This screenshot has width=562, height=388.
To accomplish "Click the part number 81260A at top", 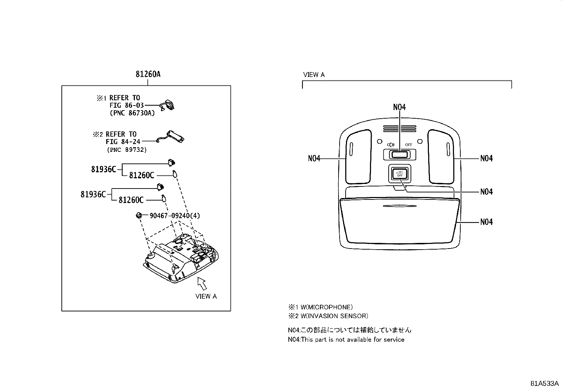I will [148, 74].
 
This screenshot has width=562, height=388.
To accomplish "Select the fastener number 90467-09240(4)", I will [175, 215].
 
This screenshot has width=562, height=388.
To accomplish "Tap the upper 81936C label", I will [103, 169].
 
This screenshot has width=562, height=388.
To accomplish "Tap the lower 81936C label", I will [93, 194].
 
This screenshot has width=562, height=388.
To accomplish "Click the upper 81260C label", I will [142, 175].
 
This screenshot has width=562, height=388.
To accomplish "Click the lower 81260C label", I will [131, 200].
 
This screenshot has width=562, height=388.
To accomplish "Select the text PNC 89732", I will [126, 150].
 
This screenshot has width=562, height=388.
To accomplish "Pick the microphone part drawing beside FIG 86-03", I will [168, 105].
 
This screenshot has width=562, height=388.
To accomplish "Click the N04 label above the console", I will [399, 107].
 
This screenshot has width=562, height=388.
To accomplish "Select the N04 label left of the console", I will [314, 159].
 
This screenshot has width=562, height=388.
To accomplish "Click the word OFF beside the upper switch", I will [408, 145].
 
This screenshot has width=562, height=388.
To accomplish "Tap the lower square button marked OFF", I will [399, 173].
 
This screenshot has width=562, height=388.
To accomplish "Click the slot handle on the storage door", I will [399, 206].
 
